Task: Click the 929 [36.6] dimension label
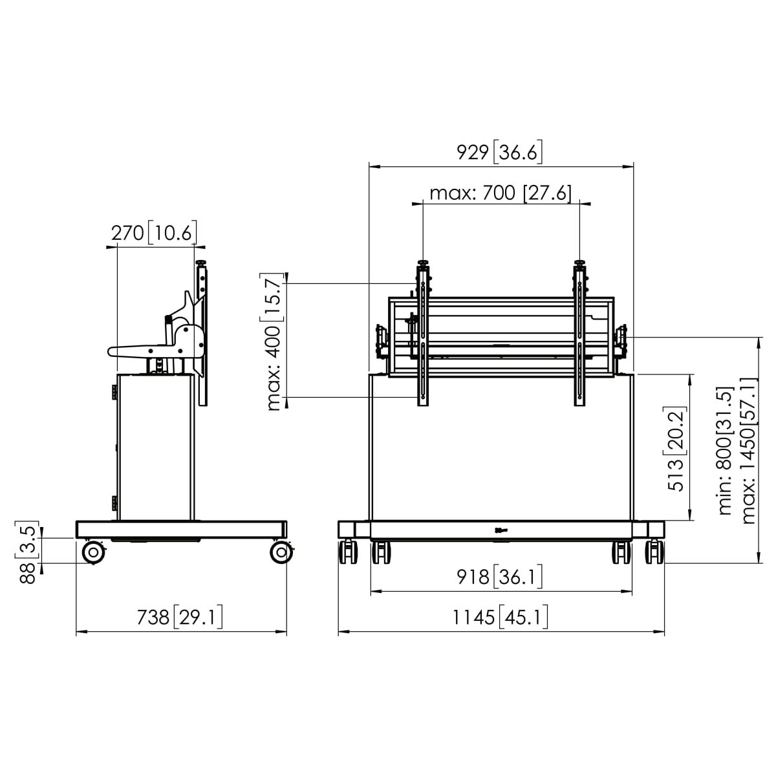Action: pos(499,153)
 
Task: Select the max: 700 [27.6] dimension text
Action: pos(501,193)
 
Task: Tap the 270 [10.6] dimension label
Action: pos(155,233)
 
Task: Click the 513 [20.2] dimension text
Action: pos(676,448)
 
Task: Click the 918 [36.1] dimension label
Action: pos(499,577)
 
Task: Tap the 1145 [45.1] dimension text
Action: pos(501,618)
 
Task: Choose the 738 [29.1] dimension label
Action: pos(179,618)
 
